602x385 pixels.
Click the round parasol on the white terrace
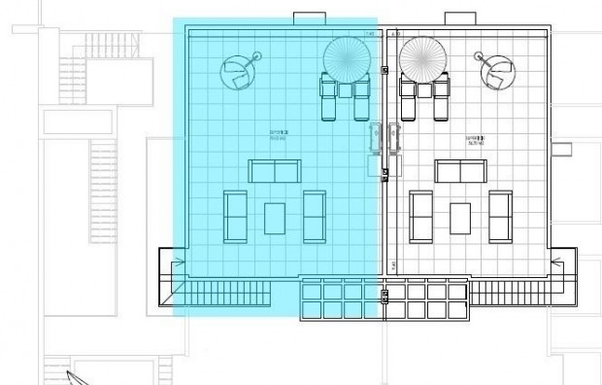coord(421,57)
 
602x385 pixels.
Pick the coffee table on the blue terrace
coord(275,217)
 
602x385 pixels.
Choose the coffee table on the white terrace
coord(460,217)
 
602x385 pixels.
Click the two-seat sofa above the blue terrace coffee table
coord(275,172)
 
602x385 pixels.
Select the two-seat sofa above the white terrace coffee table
coord(460,172)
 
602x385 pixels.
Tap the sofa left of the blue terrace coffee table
coord(235,216)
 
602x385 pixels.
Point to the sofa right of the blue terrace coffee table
coord(314,216)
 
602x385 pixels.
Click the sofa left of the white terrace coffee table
coord(421,216)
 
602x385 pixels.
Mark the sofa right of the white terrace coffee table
coord(500,216)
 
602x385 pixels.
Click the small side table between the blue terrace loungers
coord(346,90)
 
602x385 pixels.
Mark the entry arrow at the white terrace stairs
coord(558,262)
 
